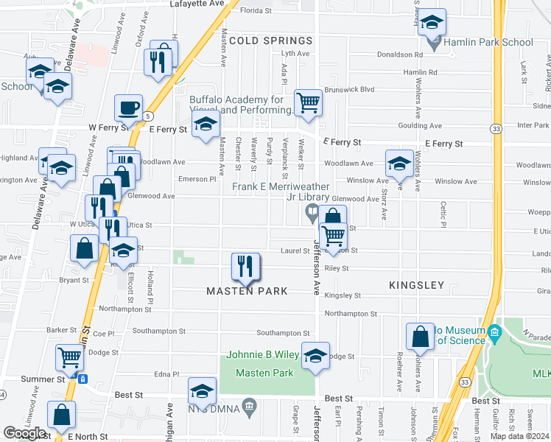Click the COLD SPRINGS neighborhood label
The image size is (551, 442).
(x=270, y=41)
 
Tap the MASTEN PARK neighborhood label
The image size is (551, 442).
(x=247, y=291)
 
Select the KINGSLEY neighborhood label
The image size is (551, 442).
(x=417, y=285)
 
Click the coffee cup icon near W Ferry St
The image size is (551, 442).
(x=128, y=108)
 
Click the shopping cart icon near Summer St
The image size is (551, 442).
(x=70, y=357)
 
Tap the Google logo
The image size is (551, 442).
(x=24, y=433)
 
